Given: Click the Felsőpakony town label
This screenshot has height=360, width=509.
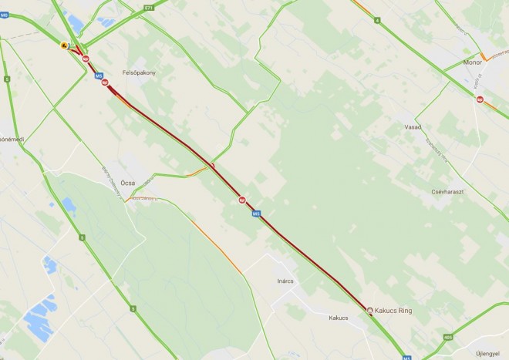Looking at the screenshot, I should pos(139,72).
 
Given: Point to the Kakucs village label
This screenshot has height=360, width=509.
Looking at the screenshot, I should pos(339,317).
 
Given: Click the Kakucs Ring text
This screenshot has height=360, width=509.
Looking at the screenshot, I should pos(395,311).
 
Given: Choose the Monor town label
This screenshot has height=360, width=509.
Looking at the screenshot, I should pos(472,62).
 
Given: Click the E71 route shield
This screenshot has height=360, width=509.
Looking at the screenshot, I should pos(148,8).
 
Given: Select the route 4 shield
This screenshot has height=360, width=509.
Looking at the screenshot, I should pos(377,20).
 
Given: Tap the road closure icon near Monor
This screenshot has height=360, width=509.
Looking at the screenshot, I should pos(480,99).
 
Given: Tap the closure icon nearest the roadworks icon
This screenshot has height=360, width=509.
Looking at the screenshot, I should pos(86,59).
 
